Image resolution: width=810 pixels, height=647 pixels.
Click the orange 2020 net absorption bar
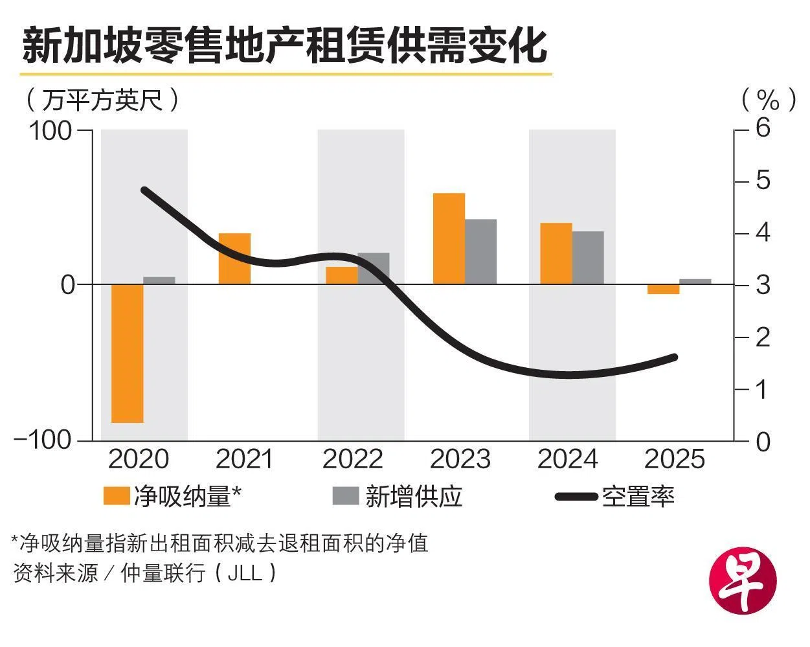[127, 354]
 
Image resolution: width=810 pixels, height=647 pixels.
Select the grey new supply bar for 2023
[480, 252]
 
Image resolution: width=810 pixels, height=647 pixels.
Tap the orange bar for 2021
[234, 258]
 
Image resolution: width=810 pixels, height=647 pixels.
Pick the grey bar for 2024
[587, 258]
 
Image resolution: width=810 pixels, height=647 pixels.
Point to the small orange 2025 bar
[664, 289]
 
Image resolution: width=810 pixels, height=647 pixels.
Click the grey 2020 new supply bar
[159, 280]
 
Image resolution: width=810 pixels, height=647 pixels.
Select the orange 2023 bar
[449, 238]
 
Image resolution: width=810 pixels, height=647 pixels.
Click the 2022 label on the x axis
[353, 459]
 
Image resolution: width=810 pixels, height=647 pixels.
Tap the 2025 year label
[674, 459]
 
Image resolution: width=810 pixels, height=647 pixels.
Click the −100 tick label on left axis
[43, 440]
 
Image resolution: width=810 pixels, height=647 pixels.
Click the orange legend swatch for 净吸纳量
[116, 496]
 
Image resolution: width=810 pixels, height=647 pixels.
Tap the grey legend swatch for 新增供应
[345, 496]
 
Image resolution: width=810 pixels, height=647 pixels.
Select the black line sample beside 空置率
[576, 497]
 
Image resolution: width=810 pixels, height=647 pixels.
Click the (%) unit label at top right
[768, 100]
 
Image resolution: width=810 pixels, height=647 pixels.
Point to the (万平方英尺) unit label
[102, 100]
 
